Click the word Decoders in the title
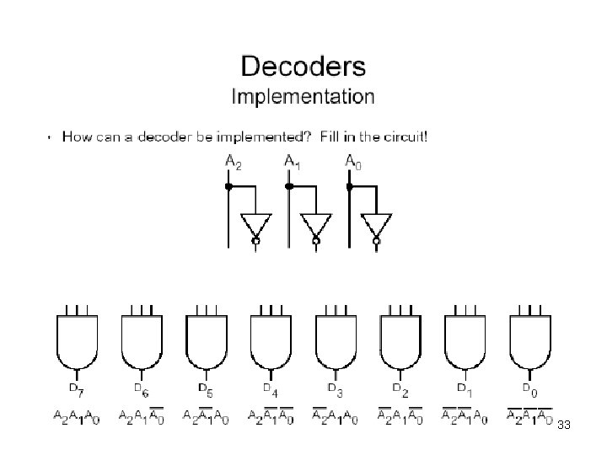[303, 66]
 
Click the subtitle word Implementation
[303, 96]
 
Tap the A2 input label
[233, 162]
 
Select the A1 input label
[292, 162]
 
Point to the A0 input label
[352, 161]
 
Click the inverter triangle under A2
[255, 225]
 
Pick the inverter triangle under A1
[316, 225]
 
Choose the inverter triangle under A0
[376, 225]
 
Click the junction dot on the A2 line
[228, 187]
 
